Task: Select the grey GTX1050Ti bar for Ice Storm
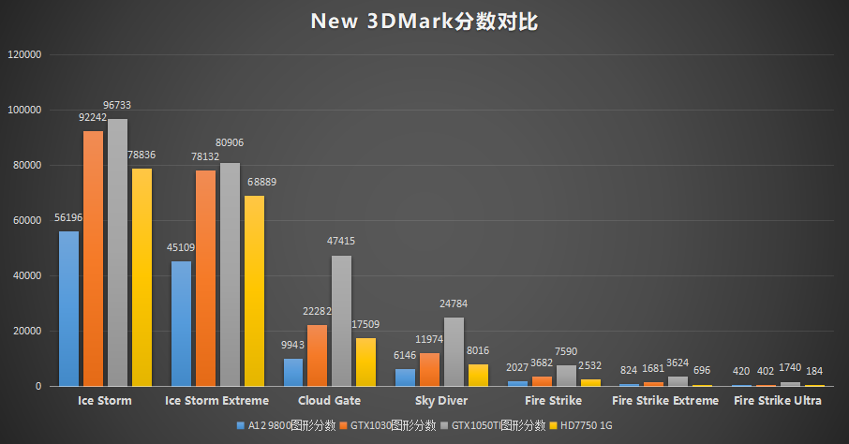(117, 253)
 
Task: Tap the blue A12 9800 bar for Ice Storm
(68, 309)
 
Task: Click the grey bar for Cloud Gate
(341, 321)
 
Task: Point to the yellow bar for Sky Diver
(478, 375)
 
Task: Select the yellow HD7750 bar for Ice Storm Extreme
(254, 290)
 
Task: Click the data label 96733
(118, 107)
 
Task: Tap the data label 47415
(340, 242)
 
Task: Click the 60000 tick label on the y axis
(27, 221)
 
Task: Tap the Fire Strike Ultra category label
(778, 401)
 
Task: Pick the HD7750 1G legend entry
(586, 426)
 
